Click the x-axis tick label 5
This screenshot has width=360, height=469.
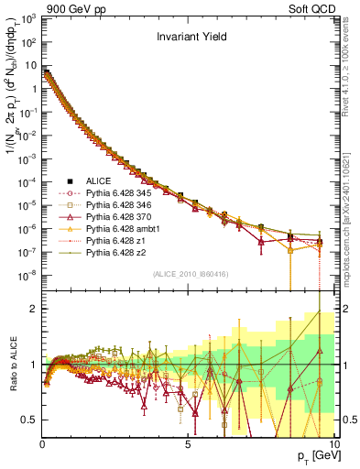(x=187, y=444)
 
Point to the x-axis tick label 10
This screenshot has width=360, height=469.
(x=333, y=444)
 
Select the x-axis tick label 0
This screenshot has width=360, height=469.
(x=42, y=444)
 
